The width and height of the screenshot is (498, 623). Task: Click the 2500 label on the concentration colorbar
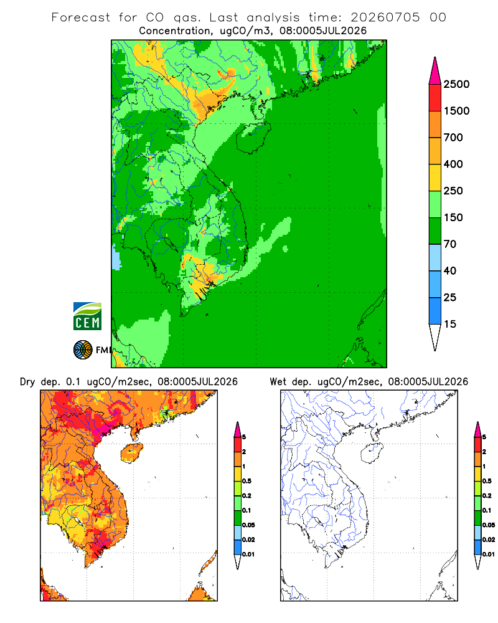point(456,84)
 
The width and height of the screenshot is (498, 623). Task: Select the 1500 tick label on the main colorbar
point(456,111)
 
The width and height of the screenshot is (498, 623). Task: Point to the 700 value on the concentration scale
point(453,138)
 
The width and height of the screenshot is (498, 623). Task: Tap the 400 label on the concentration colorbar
point(453,164)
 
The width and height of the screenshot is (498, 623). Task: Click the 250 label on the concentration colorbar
point(453,191)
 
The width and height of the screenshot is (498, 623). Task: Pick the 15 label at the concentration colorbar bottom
point(450,324)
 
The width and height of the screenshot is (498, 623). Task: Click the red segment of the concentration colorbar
point(435,98)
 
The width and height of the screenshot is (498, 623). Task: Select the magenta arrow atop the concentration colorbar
point(435,71)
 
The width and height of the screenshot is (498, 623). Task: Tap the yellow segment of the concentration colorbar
point(435,178)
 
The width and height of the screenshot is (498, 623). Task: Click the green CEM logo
point(87,316)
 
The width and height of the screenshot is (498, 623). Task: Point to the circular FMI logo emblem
point(83,350)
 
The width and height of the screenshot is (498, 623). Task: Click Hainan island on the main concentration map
point(253,137)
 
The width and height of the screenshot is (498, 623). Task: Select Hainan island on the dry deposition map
point(131,453)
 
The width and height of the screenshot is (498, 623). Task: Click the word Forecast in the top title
point(81,17)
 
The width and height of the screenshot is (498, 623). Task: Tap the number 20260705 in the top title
point(385,17)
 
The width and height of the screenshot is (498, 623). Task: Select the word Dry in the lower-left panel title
point(27,383)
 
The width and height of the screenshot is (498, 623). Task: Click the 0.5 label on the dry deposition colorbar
point(247,481)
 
